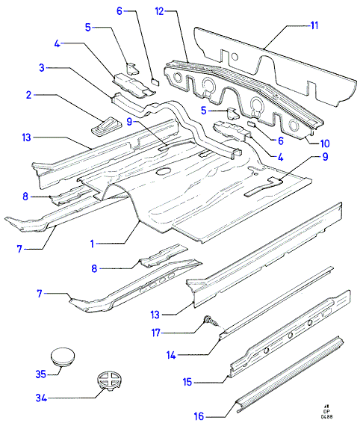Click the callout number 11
click(314, 25)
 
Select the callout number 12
click(160, 11)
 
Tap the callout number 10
click(325, 143)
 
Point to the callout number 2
click(29, 95)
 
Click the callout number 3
click(42, 68)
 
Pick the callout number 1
click(93, 244)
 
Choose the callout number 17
click(156, 333)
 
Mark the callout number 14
click(171, 355)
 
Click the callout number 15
click(187, 382)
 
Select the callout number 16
click(199, 416)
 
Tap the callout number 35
click(41, 374)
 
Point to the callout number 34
click(41, 398)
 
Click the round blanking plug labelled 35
click(63, 357)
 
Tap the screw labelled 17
click(211, 321)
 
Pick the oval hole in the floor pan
click(163, 171)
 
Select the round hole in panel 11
click(235, 57)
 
